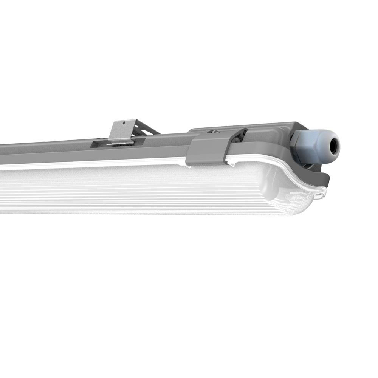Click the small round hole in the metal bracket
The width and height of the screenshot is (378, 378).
pos(124,123)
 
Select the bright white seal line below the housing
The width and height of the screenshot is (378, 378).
pos(94,163)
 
